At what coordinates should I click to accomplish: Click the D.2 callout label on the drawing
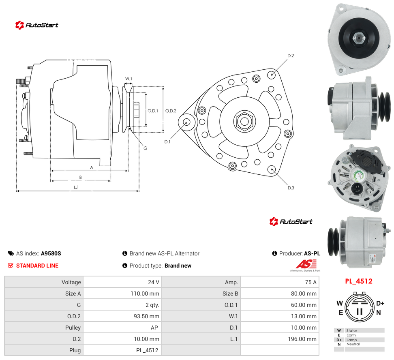(x=291, y=56)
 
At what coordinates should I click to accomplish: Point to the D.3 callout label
(x=291, y=188)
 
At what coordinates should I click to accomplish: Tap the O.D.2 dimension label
(x=171, y=111)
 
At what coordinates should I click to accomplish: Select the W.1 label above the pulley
(x=128, y=79)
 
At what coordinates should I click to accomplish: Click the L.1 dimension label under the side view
(x=76, y=187)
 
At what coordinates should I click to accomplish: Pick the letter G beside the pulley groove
(x=145, y=148)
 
